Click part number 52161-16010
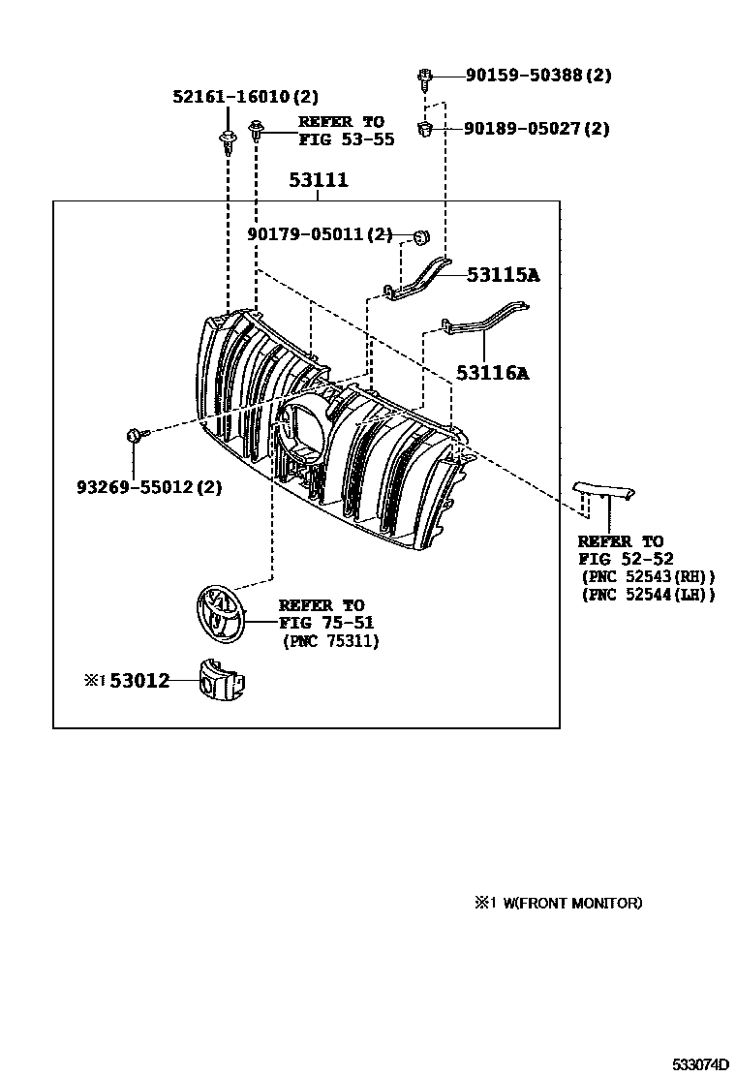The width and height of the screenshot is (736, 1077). point(231,97)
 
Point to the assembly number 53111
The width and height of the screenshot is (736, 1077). point(319,180)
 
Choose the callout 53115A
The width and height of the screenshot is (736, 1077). point(503,275)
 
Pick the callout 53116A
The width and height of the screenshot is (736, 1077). point(493,372)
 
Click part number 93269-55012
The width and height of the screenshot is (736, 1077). point(149,487)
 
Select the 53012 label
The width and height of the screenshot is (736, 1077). point(139,681)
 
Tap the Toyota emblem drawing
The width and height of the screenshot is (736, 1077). point(219,613)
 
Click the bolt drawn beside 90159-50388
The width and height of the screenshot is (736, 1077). point(425,77)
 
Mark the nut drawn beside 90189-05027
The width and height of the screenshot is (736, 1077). point(425,128)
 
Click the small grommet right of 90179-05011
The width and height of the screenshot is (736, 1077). point(419,235)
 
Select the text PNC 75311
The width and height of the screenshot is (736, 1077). point(331,641)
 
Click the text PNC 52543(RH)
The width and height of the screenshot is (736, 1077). point(648,576)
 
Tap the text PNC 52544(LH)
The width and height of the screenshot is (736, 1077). point(648,595)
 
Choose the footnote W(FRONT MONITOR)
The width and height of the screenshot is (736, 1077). point(566,903)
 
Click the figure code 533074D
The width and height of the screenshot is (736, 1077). point(701,1063)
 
